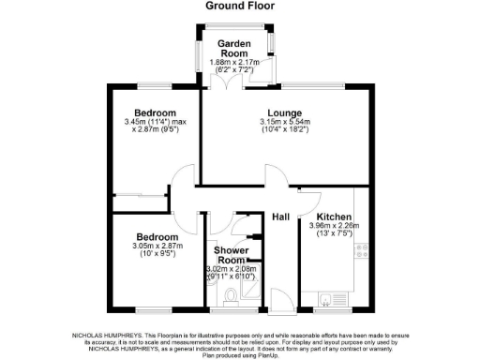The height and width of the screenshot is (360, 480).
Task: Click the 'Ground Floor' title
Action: (239, 6)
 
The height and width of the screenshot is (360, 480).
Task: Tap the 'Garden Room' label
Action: (233, 49)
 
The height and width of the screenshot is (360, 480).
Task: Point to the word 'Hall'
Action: (280, 217)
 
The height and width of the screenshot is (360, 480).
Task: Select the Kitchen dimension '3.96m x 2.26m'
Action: (335, 227)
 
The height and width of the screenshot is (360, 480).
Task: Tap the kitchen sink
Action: (327, 299)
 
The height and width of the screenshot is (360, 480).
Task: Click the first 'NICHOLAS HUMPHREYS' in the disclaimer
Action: (106, 333)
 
